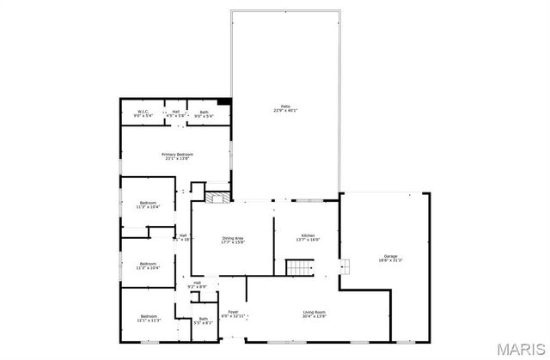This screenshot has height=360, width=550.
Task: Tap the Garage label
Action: tap(390, 255)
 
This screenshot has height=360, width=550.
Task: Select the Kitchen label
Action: tap(308, 235)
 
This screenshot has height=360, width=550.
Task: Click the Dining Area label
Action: tap(233, 238)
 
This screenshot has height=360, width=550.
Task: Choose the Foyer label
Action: tap(233, 312)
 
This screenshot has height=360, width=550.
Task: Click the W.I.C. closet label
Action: tap(144, 112)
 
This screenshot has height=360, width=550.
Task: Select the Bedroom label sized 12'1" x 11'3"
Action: tap(148, 317)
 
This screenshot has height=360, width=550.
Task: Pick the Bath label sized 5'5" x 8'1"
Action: tap(203, 319)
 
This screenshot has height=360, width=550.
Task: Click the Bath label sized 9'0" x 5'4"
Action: tap(204, 112)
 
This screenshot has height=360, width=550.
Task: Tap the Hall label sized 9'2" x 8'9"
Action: tap(197, 283)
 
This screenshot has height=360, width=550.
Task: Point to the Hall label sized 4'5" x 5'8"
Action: tap(176, 112)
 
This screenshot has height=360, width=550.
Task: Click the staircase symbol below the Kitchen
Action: tap(297, 268)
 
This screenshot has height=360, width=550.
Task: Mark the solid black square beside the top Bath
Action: tap(225, 102)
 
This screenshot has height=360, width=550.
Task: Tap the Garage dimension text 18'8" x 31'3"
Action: tap(390, 260)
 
